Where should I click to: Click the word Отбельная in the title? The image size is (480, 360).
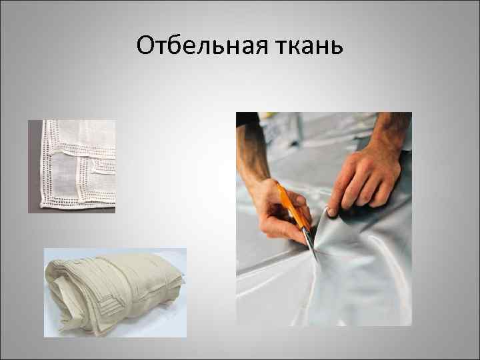click(193, 46)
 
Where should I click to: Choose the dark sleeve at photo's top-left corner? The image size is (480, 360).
click(245, 119)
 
